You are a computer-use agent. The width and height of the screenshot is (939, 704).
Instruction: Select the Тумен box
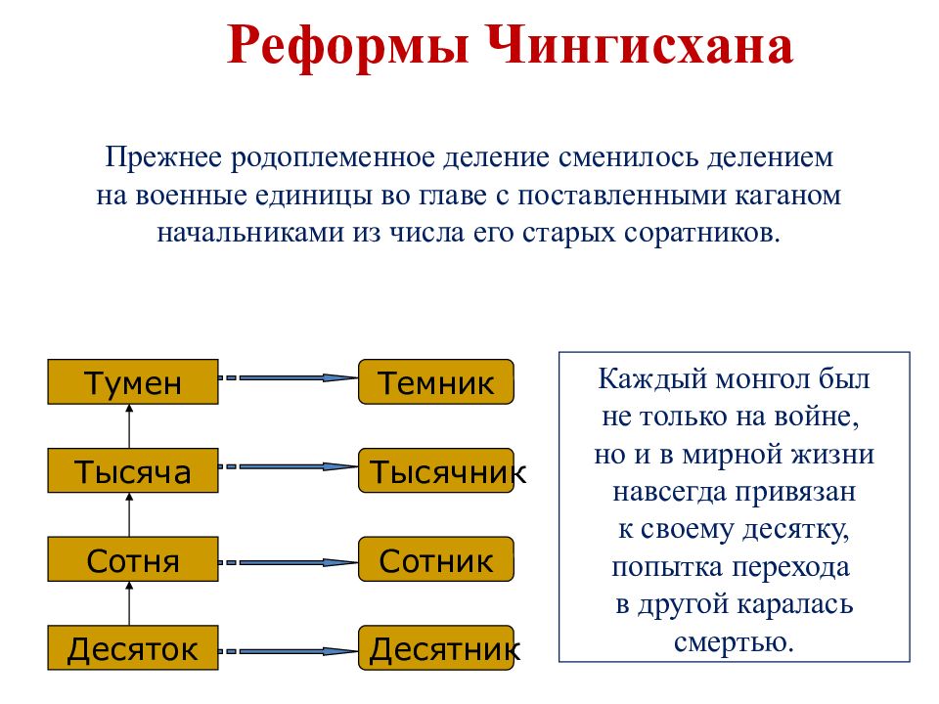tap(132, 382)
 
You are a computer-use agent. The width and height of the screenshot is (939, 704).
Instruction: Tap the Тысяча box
tap(132, 471)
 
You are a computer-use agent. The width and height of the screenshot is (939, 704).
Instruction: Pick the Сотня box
tap(132, 560)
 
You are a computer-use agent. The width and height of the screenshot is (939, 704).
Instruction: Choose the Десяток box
tap(132, 647)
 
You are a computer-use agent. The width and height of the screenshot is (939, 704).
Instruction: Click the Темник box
tap(435, 382)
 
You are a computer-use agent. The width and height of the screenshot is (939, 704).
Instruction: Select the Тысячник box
tap(435, 471)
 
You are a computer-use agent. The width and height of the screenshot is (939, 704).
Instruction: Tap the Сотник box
tap(435, 560)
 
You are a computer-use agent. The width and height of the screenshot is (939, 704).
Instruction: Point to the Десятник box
tap(435, 647)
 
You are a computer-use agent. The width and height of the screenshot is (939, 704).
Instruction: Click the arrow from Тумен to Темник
tap(289, 377)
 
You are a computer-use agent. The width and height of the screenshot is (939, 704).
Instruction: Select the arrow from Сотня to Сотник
tap(289, 562)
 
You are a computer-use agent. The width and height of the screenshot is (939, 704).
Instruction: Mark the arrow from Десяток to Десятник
tap(289, 650)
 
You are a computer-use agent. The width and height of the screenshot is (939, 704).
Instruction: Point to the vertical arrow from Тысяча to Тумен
tap(129, 426)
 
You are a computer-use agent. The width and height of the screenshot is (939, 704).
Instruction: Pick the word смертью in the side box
tap(733, 642)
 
